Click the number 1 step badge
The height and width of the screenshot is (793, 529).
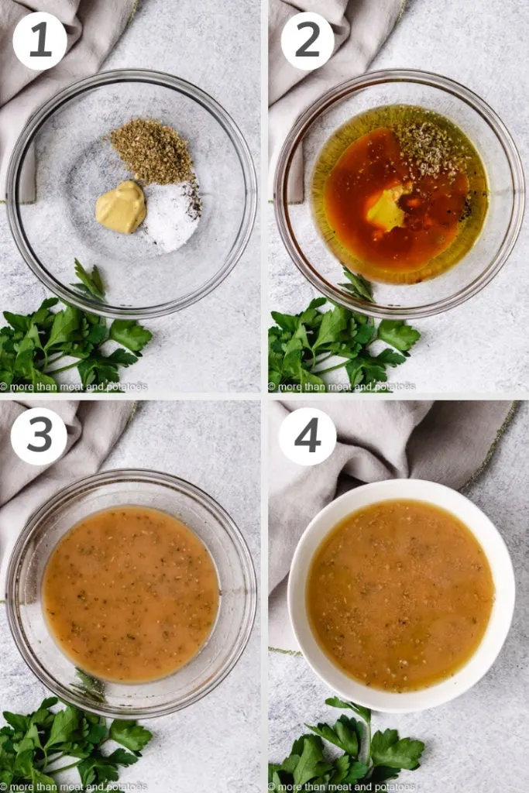[x=40, y=41]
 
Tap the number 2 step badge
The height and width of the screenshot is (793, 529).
[x=307, y=41]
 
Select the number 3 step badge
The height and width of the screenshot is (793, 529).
[x=39, y=436]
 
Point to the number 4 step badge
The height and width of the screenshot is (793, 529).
[x=307, y=436]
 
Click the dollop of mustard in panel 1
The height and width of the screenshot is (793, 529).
[x=121, y=207]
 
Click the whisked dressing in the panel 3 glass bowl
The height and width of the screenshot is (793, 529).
[x=130, y=592]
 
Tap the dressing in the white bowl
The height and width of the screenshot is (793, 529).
[x=400, y=594]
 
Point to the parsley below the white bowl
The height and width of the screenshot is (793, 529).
[x=349, y=747]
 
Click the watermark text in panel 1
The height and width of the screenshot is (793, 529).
[x=74, y=386]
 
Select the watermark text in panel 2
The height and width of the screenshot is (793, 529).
[x=342, y=386]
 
